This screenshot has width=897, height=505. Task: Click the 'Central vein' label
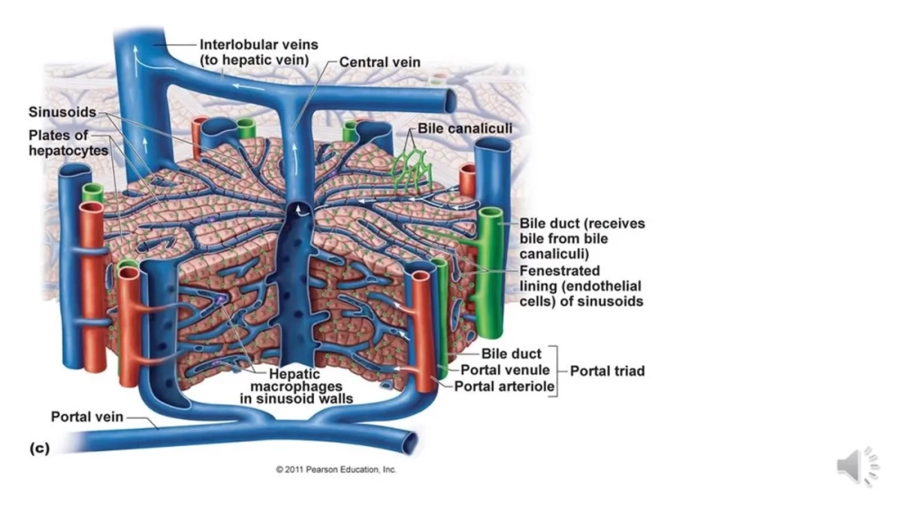(379, 63)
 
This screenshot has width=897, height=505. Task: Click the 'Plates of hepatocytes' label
(68, 144)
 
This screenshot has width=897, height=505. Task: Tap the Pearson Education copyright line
(335, 469)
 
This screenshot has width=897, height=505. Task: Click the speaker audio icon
(858, 466)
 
